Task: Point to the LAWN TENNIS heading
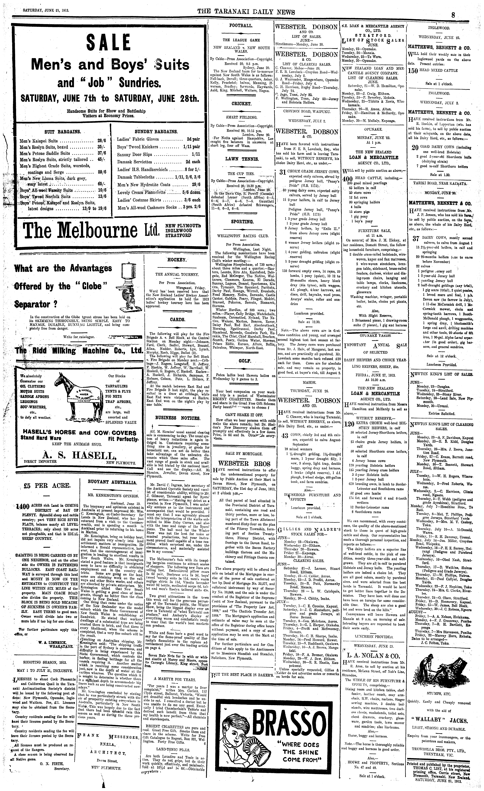pos(242,159)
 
